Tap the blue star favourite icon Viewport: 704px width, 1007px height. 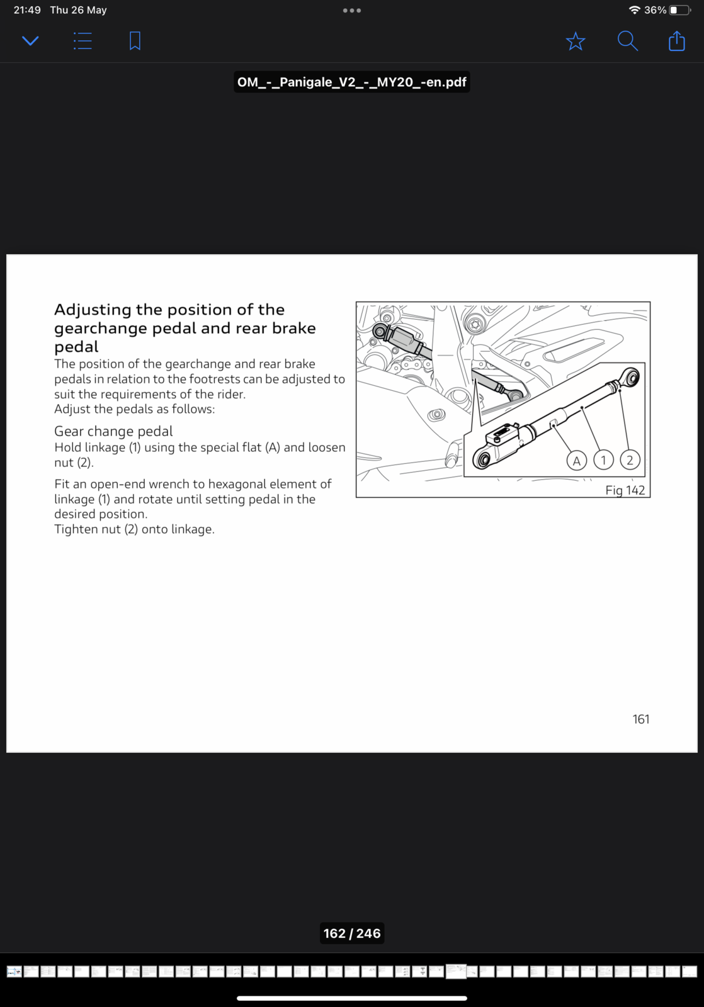click(576, 42)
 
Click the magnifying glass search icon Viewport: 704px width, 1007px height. click(627, 42)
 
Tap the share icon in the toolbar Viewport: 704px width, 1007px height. click(676, 42)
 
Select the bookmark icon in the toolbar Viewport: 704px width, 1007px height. click(135, 42)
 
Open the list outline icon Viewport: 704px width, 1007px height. click(82, 42)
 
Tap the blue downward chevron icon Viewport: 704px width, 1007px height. click(30, 42)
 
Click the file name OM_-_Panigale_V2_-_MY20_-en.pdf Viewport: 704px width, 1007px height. click(351, 82)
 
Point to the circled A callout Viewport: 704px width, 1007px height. click(576, 461)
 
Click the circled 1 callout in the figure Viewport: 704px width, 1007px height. click(603, 460)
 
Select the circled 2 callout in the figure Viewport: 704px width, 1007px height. click(630, 460)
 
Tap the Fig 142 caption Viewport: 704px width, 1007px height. click(625, 490)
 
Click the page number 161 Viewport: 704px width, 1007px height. click(640, 719)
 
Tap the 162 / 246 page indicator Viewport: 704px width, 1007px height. click(352, 933)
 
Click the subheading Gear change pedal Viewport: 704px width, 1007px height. click(113, 431)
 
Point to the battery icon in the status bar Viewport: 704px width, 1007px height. click(679, 10)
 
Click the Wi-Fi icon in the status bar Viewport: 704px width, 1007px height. click(634, 10)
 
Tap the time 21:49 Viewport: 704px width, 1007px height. click(27, 10)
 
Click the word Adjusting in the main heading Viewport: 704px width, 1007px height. click(93, 310)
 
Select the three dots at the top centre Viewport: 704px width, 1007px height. click(352, 10)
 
